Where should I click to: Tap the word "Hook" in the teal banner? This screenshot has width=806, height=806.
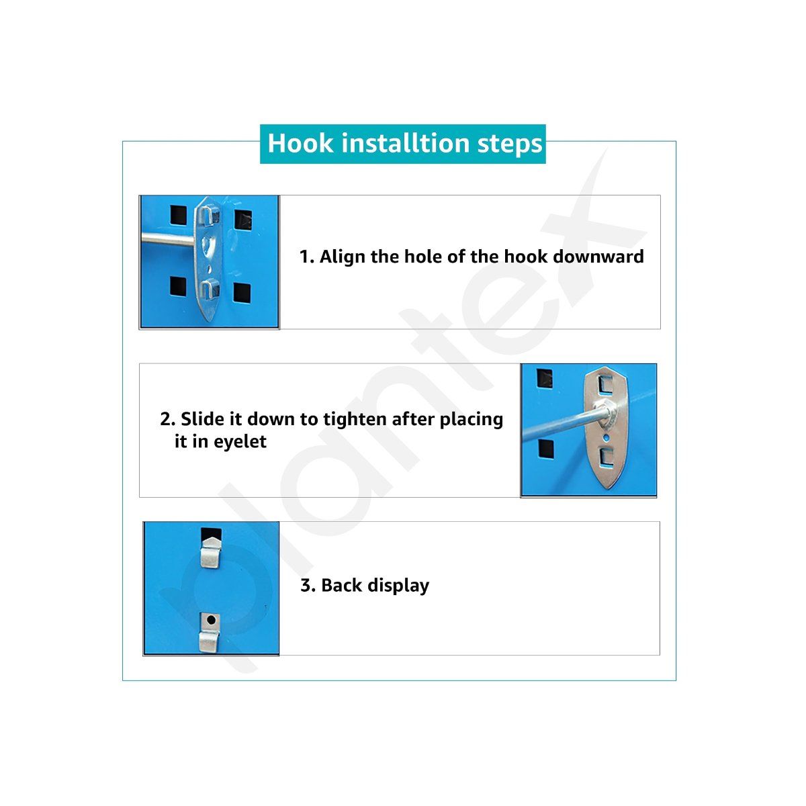pos(301,143)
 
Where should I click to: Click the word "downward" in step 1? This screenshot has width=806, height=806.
pos(598,257)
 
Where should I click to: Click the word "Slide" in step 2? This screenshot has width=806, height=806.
pos(202,418)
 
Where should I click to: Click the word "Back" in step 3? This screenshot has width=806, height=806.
pos(341,585)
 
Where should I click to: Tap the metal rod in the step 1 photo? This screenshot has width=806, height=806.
pos(167,240)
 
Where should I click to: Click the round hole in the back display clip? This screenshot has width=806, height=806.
pos(211,620)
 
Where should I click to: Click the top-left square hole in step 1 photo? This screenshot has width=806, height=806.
pos(179,215)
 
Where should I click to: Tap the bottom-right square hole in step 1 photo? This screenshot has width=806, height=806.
pos(242,293)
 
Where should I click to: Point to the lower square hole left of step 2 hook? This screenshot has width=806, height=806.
pos(546,449)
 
